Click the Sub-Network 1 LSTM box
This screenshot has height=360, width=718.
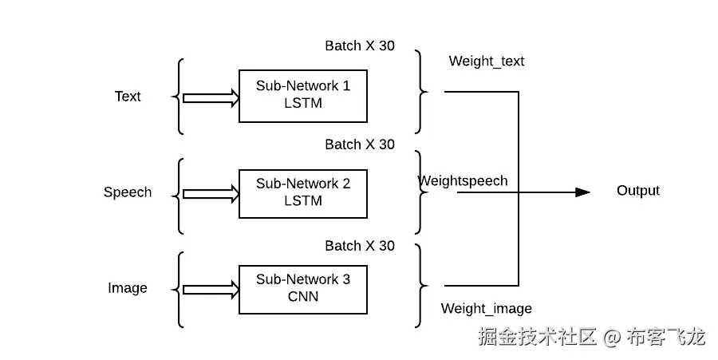pyautogui.click(x=303, y=96)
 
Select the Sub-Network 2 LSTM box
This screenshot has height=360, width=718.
pyautogui.click(x=303, y=192)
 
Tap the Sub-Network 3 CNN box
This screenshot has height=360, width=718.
pyautogui.click(x=303, y=288)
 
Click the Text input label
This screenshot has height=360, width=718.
pyautogui.click(x=128, y=97)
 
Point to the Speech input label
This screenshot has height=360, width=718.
pyautogui.click(x=128, y=192)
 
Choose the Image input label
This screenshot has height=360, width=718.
pyautogui.click(x=128, y=288)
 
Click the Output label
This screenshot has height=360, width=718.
pyautogui.click(x=638, y=191)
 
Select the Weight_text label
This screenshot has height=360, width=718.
pyautogui.click(x=487, y=61)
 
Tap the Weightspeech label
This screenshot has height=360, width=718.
pyautogui.click(x=464, y=180)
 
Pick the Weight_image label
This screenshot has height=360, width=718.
pyautogui.click(x=487, y=309)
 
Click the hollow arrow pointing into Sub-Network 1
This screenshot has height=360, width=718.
pyautogui.click(x=211, y=98)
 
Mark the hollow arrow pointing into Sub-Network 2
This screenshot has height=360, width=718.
pyautogui.click(x=211, y=193)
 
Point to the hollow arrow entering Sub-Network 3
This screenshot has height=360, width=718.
pyautogui.click(x=211, y=289)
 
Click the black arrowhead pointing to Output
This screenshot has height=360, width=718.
pyautogui.click(x=582, y=192)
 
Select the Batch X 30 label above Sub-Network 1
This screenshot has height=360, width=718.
pyautogui.click(x=360, y=45)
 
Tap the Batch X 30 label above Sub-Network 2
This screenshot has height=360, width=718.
pyautogui.click(x=360, y=144)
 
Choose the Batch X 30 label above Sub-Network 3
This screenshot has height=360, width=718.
pyautogui.click(x=360, y=246)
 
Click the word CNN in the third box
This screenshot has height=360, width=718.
pyautogui.click(x=303, y=297)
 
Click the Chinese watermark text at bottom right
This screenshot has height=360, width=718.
pyautogui.click(x=591, y=336)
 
